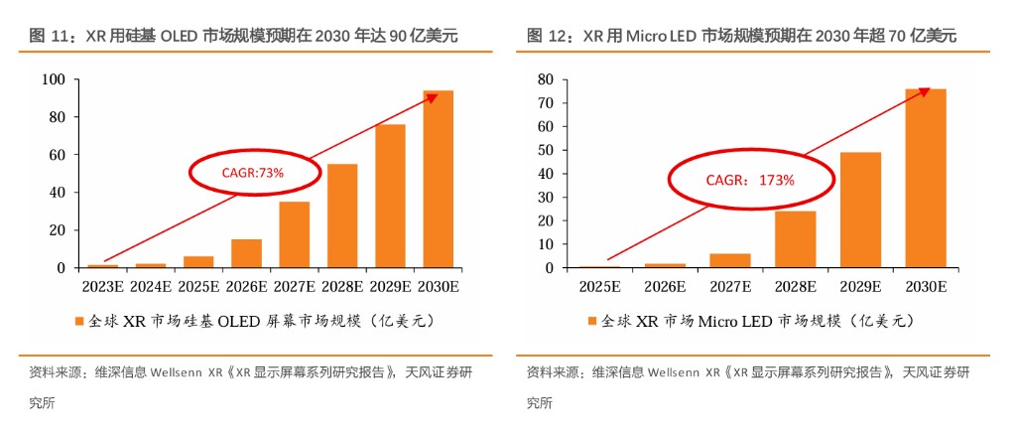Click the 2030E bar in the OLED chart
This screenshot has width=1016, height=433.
coord(438,179)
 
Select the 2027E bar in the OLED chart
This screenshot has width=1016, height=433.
coord(294,234)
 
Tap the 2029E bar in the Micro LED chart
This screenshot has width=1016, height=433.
coord(860,210)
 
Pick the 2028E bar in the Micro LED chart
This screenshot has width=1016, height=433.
coord(795,239)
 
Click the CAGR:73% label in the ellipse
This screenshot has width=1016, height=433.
coord(253,172)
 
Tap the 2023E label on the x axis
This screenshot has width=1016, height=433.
coord(102,287)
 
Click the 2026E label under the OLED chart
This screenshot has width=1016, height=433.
coord(246,287)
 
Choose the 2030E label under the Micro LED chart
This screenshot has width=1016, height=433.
coord(925,287)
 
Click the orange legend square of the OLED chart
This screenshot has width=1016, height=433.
coord(78,322)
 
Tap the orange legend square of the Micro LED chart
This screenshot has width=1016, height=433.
coord(593,322)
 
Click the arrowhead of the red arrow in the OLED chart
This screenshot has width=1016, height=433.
coord(433,96)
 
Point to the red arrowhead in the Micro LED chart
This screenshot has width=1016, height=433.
coord(925,90)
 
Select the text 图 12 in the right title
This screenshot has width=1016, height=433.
coord(544,36)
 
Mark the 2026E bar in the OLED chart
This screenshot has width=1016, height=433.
coord(246,253)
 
